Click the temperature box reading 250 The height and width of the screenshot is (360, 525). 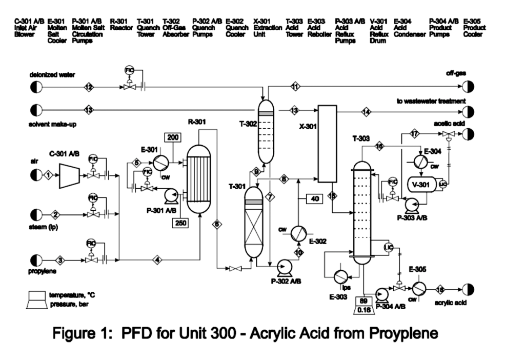[x=180, y=223]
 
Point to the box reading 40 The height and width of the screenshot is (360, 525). [x=315, y=198]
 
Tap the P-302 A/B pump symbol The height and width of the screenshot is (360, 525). [x=281, y=266]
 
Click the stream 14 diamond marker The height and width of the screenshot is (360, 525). [x=366, y=111]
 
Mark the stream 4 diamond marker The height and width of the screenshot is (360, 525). [x=157, y=260]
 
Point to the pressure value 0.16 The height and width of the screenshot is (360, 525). [x=364, y=310]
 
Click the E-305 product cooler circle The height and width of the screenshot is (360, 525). [x=420, y=289]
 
